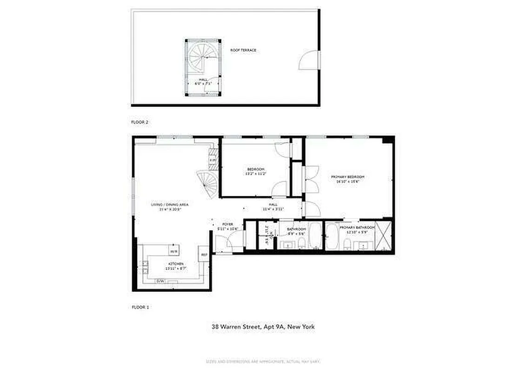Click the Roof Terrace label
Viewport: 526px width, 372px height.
(x=243, y=50)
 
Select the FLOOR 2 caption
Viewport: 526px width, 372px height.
(x=140, y=121)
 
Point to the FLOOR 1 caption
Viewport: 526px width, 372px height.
(x=140, y=307)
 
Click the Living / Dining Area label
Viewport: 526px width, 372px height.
(x=169, y=204)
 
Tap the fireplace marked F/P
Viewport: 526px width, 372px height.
(x=213, y=160)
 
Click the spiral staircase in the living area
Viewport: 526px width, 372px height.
(x=207, y=183)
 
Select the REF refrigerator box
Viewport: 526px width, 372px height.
(x=204, y=254)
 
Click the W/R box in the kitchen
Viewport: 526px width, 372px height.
(x=173, y=251)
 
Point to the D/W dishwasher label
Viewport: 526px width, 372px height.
(x=160, y=281)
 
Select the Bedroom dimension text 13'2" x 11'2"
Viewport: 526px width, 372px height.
(x=255, y=173)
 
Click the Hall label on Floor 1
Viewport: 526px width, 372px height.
(x=273, y=204)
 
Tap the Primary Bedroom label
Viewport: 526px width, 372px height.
(x=347, y=177)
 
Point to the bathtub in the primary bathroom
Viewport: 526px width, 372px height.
(x=332, y=236)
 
